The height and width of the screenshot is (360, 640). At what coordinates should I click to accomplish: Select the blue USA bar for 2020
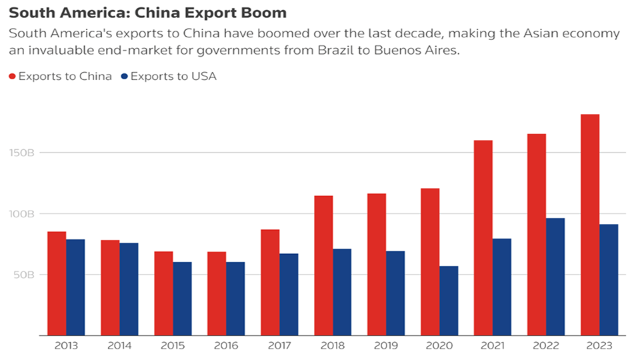click(449, 301)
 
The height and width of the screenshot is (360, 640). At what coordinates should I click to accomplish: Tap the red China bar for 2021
click(483, 237)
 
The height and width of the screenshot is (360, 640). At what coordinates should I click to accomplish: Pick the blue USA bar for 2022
click(555, 277)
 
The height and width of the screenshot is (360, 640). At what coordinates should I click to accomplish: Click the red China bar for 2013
click(57, 283)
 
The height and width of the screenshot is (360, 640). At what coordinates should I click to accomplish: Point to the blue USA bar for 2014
click(129, 289)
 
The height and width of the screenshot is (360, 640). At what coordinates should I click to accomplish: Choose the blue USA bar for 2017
click(289, 294)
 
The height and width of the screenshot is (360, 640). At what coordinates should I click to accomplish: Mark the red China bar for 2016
click(217, 293)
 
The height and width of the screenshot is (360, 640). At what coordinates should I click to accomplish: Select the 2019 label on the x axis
click(386, 346)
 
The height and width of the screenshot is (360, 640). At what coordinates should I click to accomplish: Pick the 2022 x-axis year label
click(546, 346)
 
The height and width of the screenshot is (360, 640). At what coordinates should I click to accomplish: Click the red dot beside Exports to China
click(13, 76)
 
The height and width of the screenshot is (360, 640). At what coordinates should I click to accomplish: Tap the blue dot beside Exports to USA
click(125, 76)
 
